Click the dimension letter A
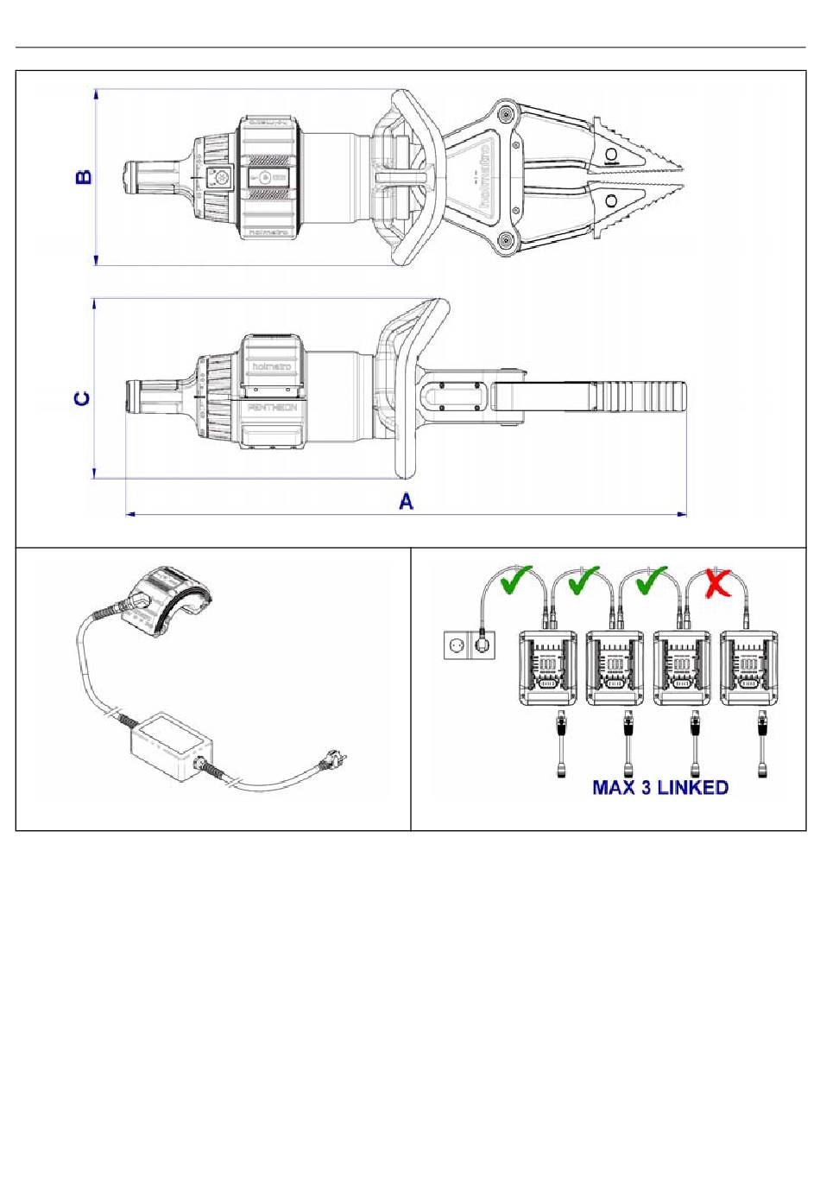[x=406, y=500]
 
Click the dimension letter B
[x=84, y=177]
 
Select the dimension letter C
[x=83, y=398]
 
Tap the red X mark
[x=716, y=583]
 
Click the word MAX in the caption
[x=615, y=787]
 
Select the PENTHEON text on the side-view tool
[x=272, y=406]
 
